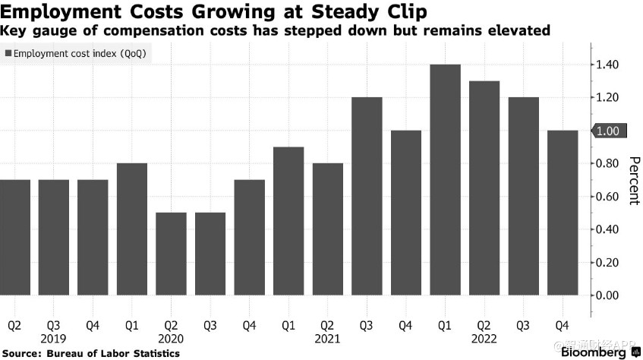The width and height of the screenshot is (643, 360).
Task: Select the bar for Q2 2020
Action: [x=171, y=254]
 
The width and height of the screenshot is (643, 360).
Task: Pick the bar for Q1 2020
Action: [x=131, y=229]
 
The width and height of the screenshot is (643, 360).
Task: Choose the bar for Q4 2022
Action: [x=563, y=213]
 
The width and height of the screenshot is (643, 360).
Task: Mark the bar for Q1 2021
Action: [x=288, y=221]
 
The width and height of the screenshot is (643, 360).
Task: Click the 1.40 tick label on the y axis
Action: [x=610, y=65]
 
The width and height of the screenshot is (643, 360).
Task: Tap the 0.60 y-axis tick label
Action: [x=610, y=197]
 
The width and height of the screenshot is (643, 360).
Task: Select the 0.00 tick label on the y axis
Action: [x=610, y=295]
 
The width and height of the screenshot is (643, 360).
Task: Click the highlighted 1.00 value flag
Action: [x=610, y=131]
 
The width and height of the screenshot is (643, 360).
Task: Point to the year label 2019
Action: [x=52, y=339]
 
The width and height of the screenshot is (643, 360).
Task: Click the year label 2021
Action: [x=327, y=339]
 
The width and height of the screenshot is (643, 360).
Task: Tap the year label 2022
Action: [x=484, y=339]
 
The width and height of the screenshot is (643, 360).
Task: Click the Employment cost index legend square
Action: [x=8, y=54]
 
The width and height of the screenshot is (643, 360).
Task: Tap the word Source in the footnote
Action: [x=23, y=353]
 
